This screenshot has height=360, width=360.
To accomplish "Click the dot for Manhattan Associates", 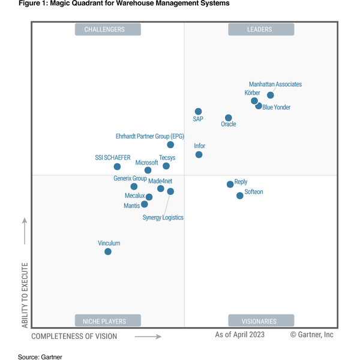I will pyautogui.click(x=271, y=95).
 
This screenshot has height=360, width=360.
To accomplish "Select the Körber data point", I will pyautogui.click(x=254, y=101).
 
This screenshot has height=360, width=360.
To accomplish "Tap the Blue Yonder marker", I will pyautogui.click(x=259, y=106).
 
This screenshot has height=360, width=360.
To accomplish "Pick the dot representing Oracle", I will pyautogui.click(x=229, y=118).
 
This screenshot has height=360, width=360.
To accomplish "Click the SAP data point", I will pyautogui.click(x=198, y=111).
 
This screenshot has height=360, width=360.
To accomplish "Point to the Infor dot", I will pyautogui.click(x=199, y=154).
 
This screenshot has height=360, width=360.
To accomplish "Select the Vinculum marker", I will pyautogui.click(x=108, y=251).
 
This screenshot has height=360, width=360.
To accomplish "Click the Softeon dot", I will pyautogui.click(x=240, y=195).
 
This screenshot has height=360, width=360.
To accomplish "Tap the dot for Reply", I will pyautogui.click(x=230, y=184).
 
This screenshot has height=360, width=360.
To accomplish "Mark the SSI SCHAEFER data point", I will pyautogui.click(x=117, y=166).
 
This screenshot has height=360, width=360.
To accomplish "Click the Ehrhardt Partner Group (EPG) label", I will pyautogui.click(x=150, y=136).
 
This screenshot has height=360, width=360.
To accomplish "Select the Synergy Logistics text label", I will pyautogui.click(x=163, y=217).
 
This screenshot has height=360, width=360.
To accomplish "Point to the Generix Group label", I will pyautogui.click(x=130, y=178).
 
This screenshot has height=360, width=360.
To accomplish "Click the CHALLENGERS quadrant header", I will pyautogui.click(x=108, y=29).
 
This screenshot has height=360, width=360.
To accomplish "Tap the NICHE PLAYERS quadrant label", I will pyautogui.click(x=108, y=320).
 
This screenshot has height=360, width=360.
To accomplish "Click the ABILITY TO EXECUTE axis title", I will pyautogui.click(x=25, y=294).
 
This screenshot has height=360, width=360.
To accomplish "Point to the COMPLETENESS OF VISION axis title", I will pyautogui.click(x=74, y=337).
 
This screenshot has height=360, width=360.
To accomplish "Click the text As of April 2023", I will pyautogui.click(x=239, y=334).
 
